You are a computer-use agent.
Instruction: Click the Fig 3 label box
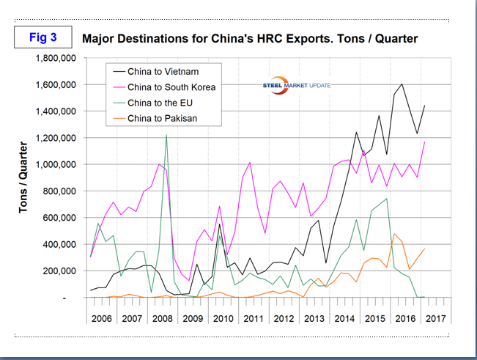[41, 37]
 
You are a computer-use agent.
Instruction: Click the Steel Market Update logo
[297, 86]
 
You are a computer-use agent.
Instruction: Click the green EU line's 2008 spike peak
[166, 136]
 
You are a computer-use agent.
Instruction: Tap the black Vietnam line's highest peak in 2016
[402, 84]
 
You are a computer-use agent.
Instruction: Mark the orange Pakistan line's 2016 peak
[394, 234]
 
